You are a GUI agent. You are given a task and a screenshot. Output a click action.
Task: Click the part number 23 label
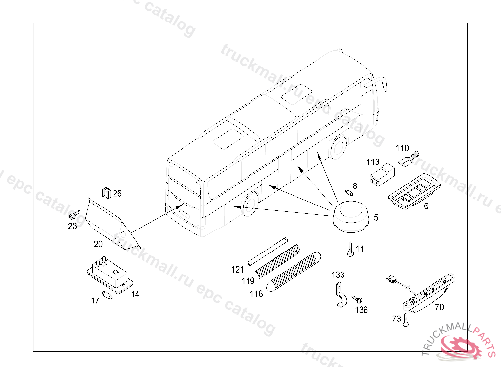click(x=72, y=226)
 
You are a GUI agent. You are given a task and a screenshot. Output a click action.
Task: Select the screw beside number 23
click(x=74, y=214)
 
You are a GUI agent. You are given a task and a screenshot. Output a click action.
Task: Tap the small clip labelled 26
click(x=106, y=193)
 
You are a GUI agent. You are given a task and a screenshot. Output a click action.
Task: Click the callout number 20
click(x=98, y=243)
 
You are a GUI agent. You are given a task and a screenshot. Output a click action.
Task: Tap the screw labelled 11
click(x=350, y=250)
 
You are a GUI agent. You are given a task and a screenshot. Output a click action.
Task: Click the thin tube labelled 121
click(x=267, y=251)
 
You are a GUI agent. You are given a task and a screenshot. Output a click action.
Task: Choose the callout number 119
click(x=248, y=281)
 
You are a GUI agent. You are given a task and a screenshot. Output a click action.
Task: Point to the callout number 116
click(x=256, y=294)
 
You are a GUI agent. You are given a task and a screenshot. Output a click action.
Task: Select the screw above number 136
click(x=356, y=298)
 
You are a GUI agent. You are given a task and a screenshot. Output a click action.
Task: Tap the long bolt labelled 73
click(x=406, y=320)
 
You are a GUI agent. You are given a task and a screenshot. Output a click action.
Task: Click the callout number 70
click(x=439, y=307)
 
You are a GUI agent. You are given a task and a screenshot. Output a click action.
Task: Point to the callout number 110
click(x=402, y=148)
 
